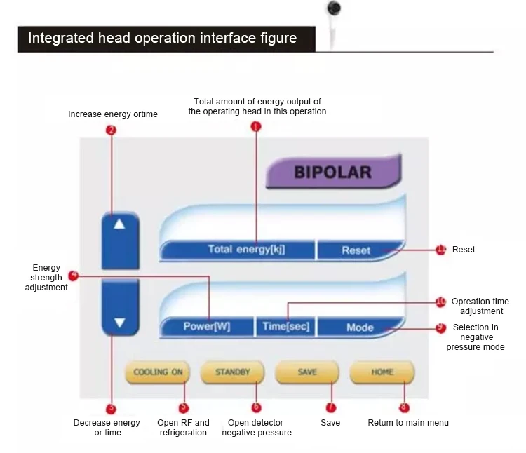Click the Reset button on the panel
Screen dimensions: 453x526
pos(356,250)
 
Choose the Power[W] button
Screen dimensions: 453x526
pos(206,327)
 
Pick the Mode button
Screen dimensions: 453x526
pos(360,327)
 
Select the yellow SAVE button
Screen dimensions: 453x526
pos(307,372)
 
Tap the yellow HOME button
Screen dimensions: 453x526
pos(382,372)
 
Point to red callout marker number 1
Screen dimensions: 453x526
pos(255,127)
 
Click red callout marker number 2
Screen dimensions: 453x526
pos(110,130)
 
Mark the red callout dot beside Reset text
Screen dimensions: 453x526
pos(440,249)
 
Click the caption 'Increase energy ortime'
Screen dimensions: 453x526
pos(113,114)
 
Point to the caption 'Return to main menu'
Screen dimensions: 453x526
pos(408,423)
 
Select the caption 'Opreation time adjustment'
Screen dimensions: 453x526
pos(480,306)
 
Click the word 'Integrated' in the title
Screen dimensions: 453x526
pos(57,38)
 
